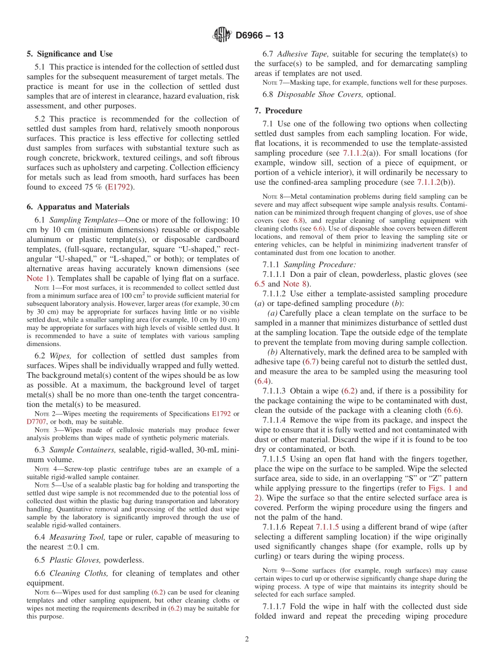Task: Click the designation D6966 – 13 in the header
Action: coord(259,36)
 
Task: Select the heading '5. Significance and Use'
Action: coord(69,54)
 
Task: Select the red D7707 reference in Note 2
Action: coord(37,421)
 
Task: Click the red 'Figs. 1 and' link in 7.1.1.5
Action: coord(447,488)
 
